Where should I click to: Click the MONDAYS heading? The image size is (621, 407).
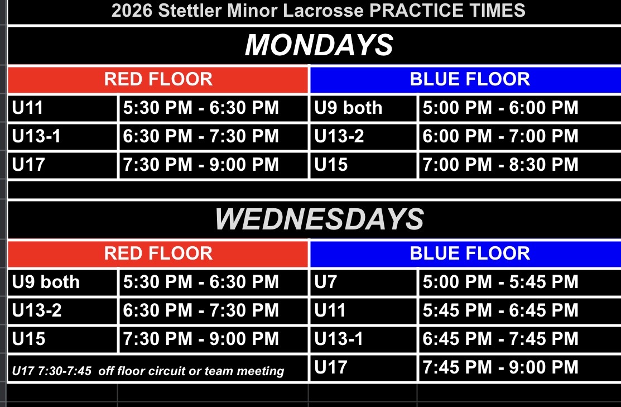319,45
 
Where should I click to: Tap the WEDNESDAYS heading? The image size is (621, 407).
319,219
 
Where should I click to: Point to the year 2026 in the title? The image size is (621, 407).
132,10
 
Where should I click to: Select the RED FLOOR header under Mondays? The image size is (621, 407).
158,79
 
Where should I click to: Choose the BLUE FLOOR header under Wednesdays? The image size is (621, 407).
466,253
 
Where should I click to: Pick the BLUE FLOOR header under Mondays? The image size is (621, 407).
466,79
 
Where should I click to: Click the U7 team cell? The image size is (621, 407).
363,282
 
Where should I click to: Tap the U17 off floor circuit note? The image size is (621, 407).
148,371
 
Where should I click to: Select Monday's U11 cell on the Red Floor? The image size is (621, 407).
62,108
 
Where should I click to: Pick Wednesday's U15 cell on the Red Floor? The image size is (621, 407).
62,339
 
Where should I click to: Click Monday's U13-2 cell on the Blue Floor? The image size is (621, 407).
363,136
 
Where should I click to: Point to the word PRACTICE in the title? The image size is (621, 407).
416,10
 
